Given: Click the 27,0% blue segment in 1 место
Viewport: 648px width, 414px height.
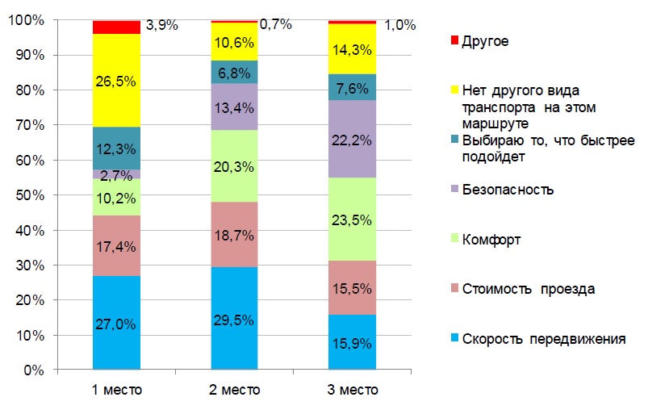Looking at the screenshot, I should click(117, 323).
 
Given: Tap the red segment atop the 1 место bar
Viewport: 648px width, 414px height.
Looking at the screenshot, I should click(117, 27).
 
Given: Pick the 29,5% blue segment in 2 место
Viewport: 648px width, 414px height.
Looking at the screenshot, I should click(235, 319).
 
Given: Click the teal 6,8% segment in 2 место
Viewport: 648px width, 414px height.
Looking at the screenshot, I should click(235, 72).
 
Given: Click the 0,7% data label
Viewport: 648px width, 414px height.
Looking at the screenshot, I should click(276, 24).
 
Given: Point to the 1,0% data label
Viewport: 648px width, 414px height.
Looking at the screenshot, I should click(399, 25).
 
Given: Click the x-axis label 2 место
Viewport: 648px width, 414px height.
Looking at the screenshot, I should click(235, 391).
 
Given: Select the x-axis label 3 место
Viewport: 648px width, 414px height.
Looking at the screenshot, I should click(353, 391).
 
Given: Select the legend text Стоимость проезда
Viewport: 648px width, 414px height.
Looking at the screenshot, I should click(528, 289).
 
